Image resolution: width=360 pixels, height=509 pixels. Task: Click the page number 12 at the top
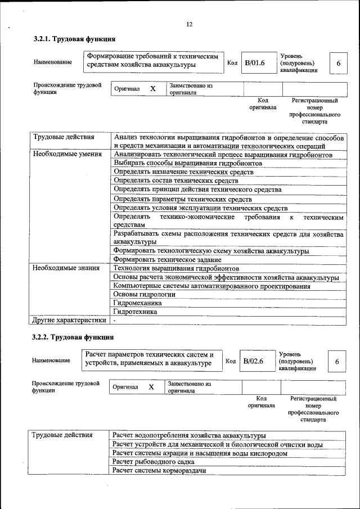pyautogui.click(x=189, y=24)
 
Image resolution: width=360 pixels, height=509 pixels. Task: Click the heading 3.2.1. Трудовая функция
pyautogui.click(x=74, y=39)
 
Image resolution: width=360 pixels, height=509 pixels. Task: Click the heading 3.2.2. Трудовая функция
pyautogui.click(x=73, y=337)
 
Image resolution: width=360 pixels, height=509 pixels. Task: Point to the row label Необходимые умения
pyautogui.click(x=67, y=154)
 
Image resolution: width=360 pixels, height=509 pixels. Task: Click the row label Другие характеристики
pyautogui.click(x=69, y=320)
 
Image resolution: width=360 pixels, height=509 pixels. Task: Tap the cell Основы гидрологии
pyautogui.click(x=145, y=294)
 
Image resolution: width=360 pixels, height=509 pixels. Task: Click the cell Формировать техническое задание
pyautogui.click(x=167, y=260)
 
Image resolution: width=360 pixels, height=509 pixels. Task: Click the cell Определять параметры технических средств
pyautogui.click(x=182, y=199)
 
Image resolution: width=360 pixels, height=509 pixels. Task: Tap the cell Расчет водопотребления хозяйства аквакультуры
pyautogui.click(x=188, y=435)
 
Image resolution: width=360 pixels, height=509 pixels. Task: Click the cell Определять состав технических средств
pyautogui.click(x=175, y=181)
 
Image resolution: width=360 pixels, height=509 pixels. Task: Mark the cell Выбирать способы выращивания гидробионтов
pyautogui.click(x=188, y=163)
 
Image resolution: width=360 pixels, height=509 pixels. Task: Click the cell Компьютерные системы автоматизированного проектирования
pyautogui.click(x=211, y=286)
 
